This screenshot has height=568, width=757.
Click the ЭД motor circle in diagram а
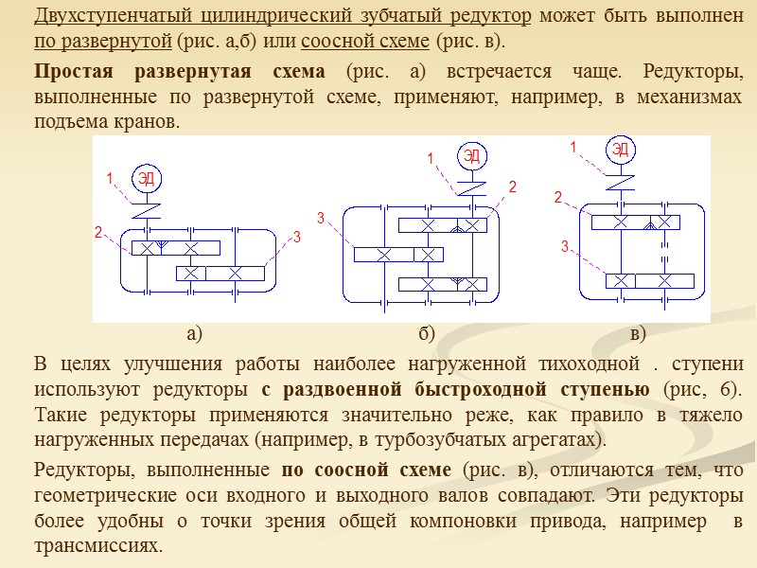click(x=146, y=177)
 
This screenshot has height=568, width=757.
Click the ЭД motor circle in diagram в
click(x=620, y=150)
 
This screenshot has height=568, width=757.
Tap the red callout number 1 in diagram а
click(x=110, y=178)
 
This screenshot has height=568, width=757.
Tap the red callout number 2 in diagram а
click(x=97, y=232)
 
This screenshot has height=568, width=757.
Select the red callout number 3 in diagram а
click(x=296, y=236)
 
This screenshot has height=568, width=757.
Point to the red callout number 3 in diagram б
click(x=321, y=219)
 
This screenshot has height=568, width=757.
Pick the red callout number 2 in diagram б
click(x=512, y=187)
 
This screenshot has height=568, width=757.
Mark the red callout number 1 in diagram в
click(x=572, y=148)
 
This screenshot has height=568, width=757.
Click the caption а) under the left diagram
click(x=195, y=333)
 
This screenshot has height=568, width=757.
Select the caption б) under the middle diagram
click(x=426, y=333)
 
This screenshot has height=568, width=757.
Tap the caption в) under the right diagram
click(x=637, y=333)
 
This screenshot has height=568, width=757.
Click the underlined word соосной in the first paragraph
click(x=330, y=43)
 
